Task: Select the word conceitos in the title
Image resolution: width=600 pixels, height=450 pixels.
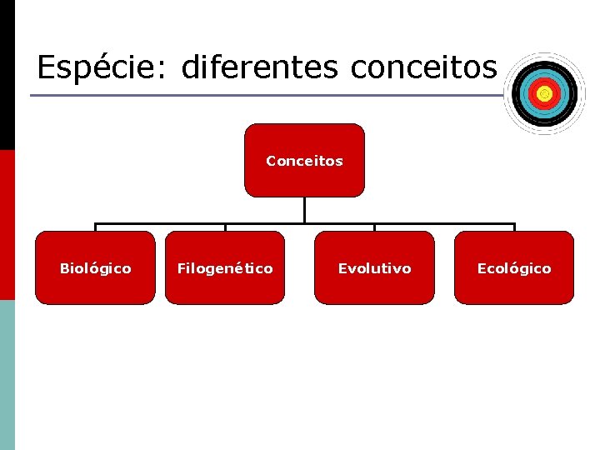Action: [423, 67]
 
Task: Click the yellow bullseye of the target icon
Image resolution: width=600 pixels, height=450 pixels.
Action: [544, 94]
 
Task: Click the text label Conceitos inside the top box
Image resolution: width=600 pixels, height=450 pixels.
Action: [304, 161]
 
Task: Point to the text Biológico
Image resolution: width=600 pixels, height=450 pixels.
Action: [95, 268]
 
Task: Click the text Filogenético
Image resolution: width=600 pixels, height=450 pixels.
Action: [224, 268]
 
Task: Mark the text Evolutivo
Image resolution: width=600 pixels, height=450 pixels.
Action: [374, 268]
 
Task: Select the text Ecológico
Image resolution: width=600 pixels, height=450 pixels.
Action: [514, 268]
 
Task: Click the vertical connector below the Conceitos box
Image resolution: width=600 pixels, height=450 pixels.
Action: [304, 210]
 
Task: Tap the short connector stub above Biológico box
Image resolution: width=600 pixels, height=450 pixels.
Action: [95, 227]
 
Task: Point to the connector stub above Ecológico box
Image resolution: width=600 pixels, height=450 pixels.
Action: [514, 227]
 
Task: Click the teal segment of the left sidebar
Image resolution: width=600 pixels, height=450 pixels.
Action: [7, 375]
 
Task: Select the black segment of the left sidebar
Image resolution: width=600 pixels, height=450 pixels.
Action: [7, 75]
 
